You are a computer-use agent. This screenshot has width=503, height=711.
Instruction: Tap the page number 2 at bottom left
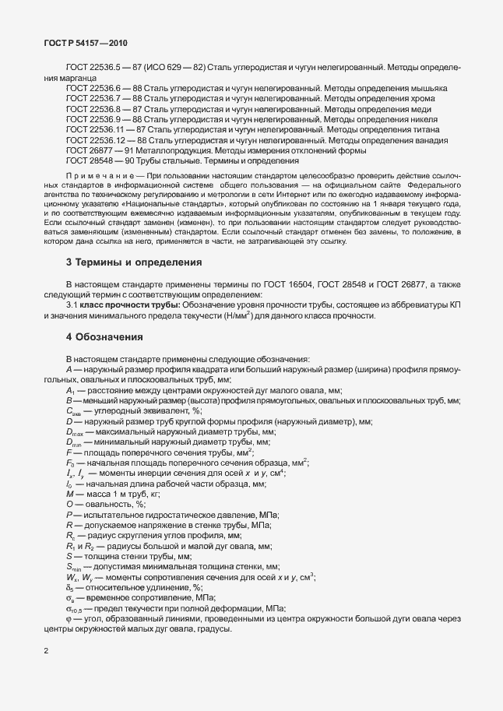tap(46, 649)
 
